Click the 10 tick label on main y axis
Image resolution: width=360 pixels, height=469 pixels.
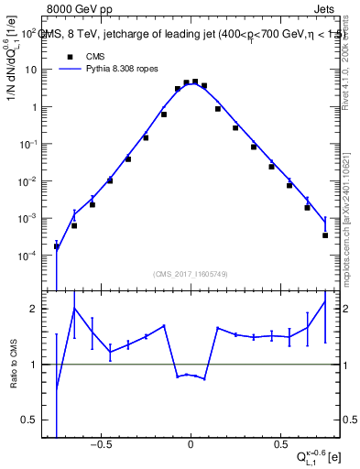30,70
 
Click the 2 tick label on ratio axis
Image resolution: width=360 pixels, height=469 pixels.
33,310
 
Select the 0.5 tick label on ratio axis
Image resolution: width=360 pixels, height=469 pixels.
30,420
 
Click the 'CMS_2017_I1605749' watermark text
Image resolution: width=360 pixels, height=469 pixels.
191,274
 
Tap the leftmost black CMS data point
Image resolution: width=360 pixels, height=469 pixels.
57,246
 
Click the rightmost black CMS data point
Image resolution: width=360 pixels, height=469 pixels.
325,235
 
